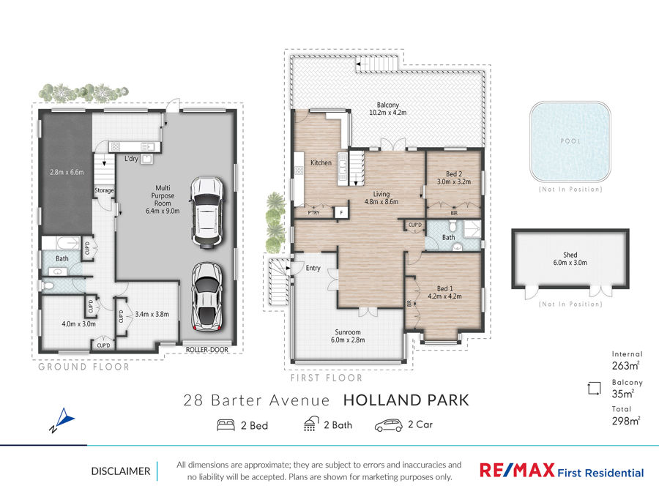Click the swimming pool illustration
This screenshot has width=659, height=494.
[x=570, y=141]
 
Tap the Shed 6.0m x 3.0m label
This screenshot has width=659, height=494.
[x=570, y=258]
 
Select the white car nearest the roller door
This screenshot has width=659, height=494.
[x=206, y=297]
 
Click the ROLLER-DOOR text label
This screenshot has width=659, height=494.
[x=206, y=350]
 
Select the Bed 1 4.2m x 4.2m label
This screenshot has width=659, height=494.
[x=444, y=292]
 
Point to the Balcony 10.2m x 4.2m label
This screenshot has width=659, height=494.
[x=387, y=108]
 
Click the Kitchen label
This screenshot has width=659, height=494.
[x=321, y=162]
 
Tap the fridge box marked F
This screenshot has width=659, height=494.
[x=340, y=212]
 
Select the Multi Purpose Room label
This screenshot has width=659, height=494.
[x=163, y=199]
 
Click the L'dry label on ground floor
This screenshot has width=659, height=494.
[x=131, y=159]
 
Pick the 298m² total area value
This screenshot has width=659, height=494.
[x=626, y=421]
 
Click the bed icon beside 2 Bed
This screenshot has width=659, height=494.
[x=226, y=425]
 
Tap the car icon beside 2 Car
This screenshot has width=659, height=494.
[x=388, y=425]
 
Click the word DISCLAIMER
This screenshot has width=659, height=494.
[x=121, y=471]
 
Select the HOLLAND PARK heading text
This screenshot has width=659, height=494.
[x=406, y=400]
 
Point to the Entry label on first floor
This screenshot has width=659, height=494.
[x=313, y=268]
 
